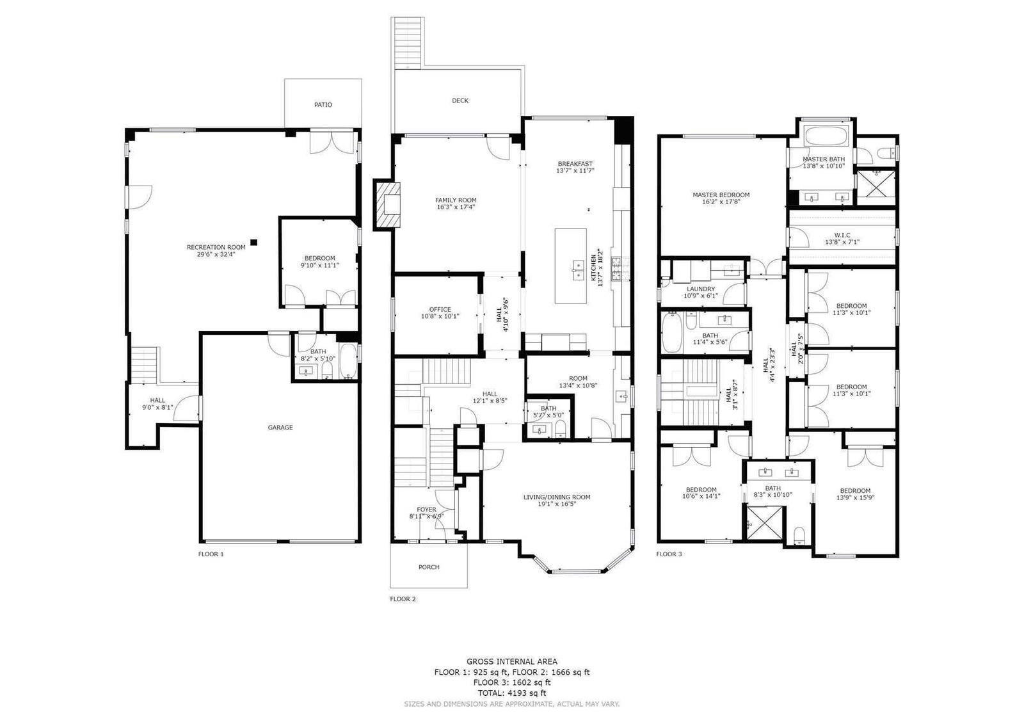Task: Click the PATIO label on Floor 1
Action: pos(323,105)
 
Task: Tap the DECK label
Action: pos(460,101)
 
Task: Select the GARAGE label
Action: pos(280,428)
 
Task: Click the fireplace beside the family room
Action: pos(387,204)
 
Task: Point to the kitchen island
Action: pos(570,266)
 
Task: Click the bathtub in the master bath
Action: pos(826,136)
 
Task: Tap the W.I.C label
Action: pos(842,235)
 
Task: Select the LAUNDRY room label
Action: pos(700,289)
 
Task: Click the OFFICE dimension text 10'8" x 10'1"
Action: pos(440,316)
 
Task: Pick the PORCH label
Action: pos(429,567)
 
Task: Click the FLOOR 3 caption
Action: pos(669,554)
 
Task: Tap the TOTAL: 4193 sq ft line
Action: pos(511,693)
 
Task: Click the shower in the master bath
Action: pos(876,188)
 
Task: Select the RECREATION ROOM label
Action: pos(216,248)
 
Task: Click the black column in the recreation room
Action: pos(253,243)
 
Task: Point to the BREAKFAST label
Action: pos(575,164)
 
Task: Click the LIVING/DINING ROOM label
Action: pos(556,497)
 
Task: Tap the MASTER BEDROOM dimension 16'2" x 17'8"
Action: pos(721,202)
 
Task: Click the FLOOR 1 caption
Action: pos(211,554)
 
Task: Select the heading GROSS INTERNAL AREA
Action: pos(511,661)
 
